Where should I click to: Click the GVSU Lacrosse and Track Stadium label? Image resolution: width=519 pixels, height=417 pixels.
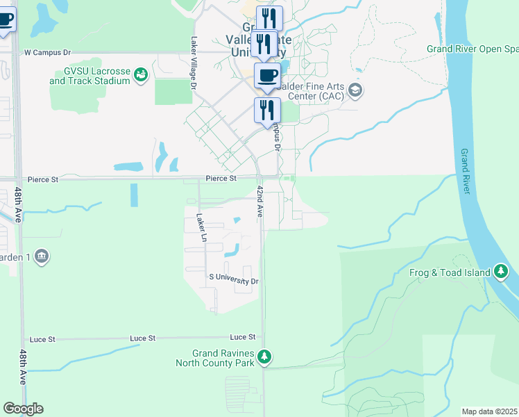point(90,76)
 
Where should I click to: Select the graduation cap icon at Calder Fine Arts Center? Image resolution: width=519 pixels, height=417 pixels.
point(356,90)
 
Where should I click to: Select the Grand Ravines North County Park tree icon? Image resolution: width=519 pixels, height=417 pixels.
point(264,357)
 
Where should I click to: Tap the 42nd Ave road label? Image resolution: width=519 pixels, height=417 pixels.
point(260,201)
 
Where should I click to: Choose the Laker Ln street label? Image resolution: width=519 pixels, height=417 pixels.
point(202,228)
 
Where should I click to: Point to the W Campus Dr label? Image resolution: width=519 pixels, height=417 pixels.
point(48,52)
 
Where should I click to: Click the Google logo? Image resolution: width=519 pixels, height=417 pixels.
point(23,409)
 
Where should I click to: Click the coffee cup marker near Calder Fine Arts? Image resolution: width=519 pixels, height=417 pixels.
point(267,75)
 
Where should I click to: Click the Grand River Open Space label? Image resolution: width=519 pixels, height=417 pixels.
point(473,49)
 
